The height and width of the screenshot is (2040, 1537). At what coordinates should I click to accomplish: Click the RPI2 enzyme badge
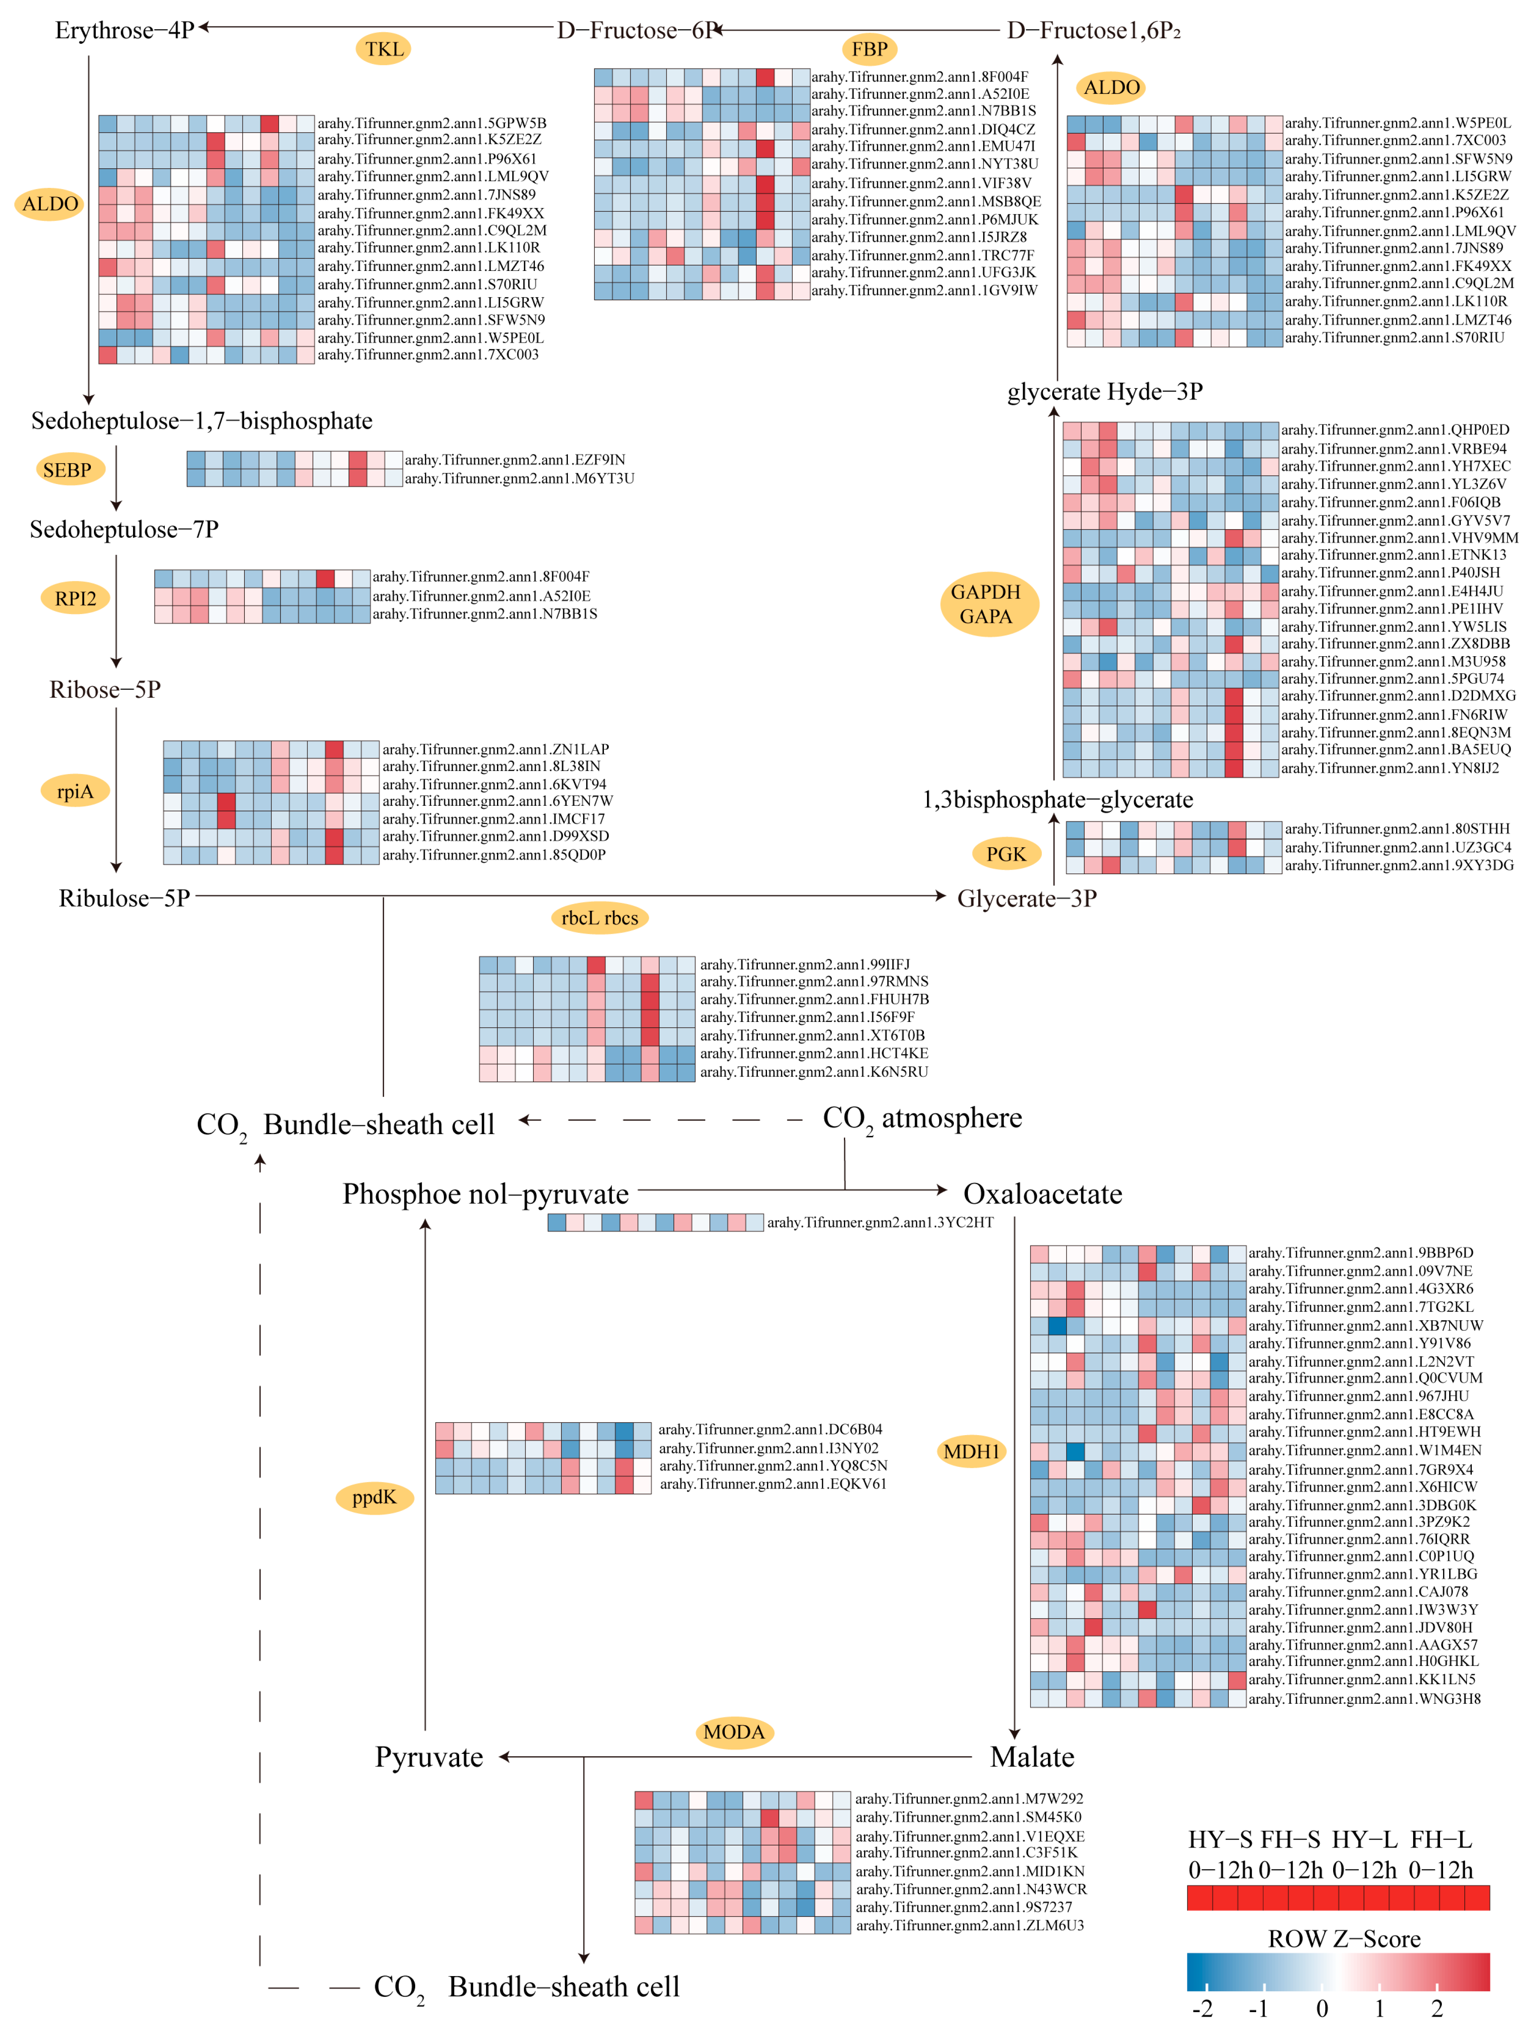coord(76,598)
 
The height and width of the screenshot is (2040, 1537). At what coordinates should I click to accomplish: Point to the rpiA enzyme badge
coord(75,791)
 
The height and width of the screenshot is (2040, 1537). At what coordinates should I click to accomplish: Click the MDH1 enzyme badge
coord(971,1452)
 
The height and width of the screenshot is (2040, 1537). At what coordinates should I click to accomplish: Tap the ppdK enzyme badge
coord(374,1497)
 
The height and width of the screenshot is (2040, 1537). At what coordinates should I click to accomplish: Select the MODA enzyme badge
coord(734,1732)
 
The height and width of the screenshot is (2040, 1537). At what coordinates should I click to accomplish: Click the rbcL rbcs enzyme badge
coord(599,918)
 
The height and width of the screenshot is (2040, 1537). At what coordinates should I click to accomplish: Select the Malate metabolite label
coord(1032,1757)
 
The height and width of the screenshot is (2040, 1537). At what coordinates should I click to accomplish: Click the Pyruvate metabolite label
coord(429,1757)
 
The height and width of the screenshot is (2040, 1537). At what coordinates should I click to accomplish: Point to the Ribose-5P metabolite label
coord(105,690)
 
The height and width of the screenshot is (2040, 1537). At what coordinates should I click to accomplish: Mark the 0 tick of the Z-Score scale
coord(1321,2009)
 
